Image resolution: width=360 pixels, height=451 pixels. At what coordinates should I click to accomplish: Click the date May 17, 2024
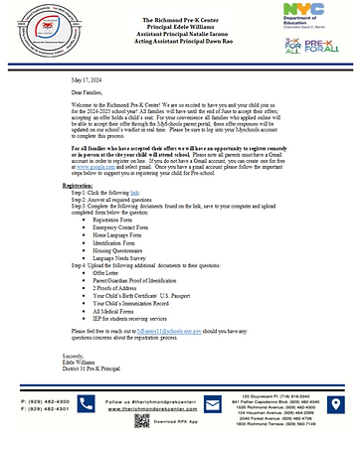pyautogui.click(x=87, y=82)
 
